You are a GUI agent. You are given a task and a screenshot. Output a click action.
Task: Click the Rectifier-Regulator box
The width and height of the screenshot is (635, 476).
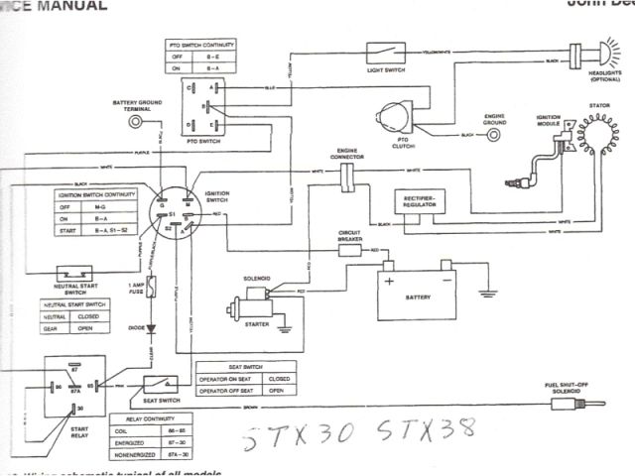422,201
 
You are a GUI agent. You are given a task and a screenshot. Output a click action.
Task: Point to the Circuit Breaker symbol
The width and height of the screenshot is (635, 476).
350,251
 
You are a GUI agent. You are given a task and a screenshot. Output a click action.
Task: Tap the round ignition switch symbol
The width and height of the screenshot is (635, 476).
169,210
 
